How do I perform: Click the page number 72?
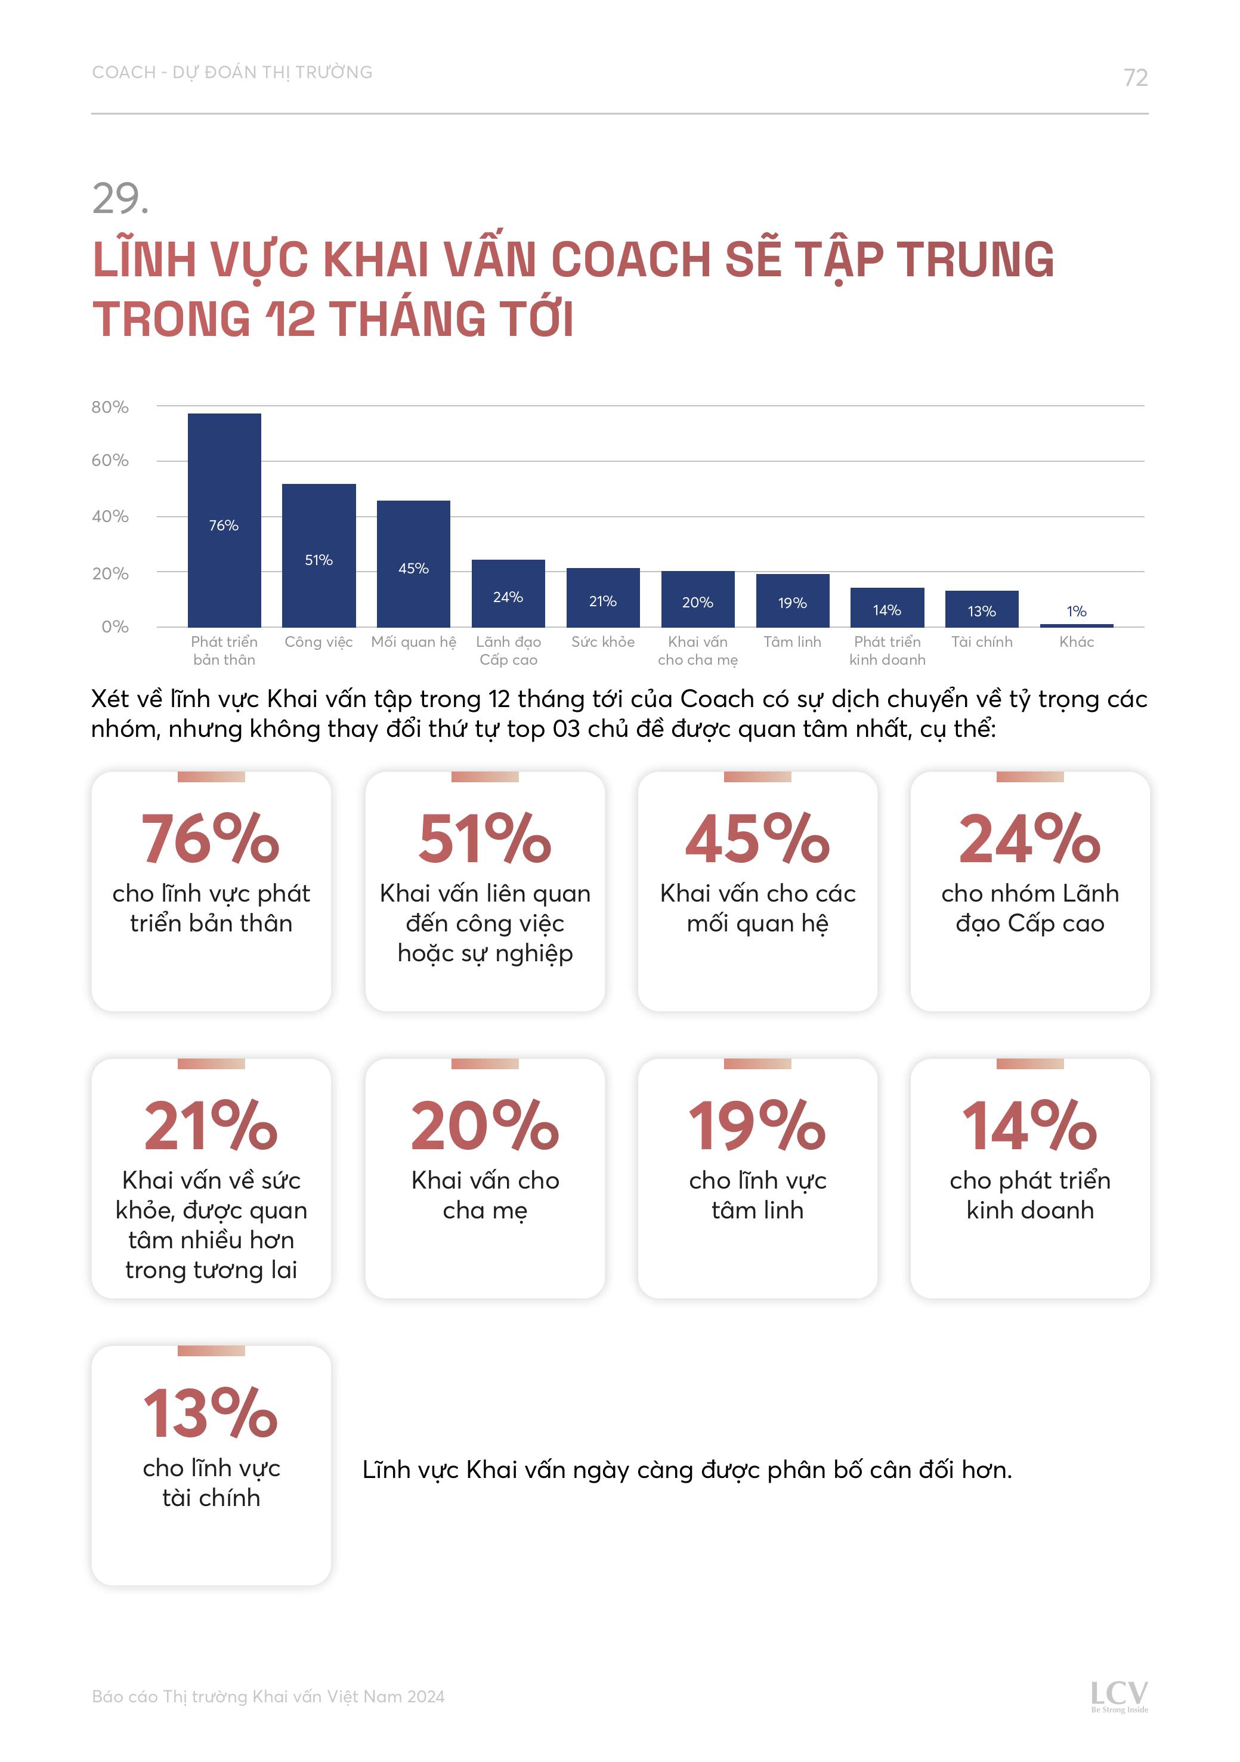tap(1135, 78)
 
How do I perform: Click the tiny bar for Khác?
tap(1076, 625)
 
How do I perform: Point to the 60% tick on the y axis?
tap(110, 461)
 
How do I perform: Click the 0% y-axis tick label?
tap(115, 626)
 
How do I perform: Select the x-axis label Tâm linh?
tap(792, 641)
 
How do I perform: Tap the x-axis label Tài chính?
tap(981, 641)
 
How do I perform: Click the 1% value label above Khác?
tap(1076, 611)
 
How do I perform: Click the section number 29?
tap(120, 199)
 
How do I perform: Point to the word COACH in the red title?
tap(632, 260)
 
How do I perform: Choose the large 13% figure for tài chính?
tap(211, 1413)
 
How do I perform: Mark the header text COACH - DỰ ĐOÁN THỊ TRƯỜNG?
tap(232, 72)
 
